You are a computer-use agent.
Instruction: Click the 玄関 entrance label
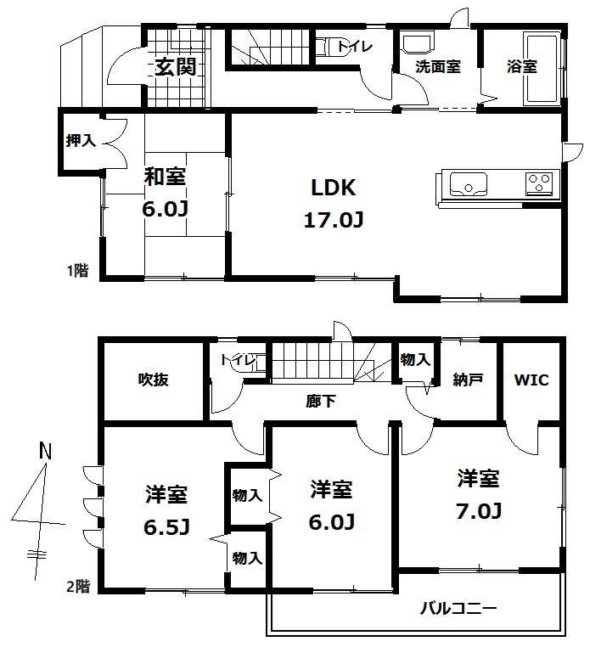pos(176,66)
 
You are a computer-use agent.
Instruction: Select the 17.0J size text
pos(334,222)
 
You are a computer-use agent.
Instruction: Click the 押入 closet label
pos(81,141)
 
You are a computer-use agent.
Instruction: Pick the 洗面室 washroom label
pos(437,66)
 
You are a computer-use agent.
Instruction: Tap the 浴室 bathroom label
pos(522,66)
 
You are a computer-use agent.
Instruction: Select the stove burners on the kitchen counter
pos(539,182)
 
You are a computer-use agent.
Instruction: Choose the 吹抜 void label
pos(154,380)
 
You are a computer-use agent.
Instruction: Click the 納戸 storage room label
pos(467,380)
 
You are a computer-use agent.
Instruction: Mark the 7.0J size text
pos(480,511)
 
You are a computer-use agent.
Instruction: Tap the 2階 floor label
pos(78,585)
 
